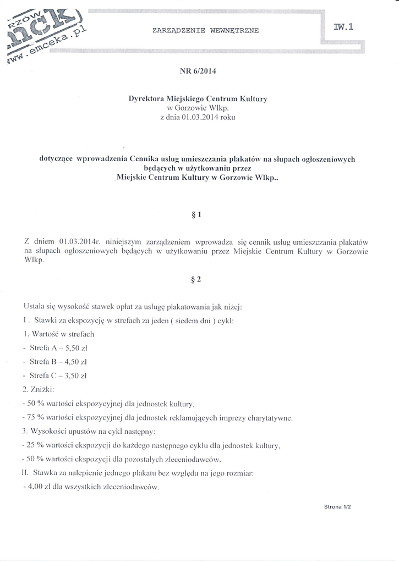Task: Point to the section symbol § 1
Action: (x=199, y=215)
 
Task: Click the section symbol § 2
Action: (x=199, y=279)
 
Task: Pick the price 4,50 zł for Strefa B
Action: (x=75, y=362)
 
